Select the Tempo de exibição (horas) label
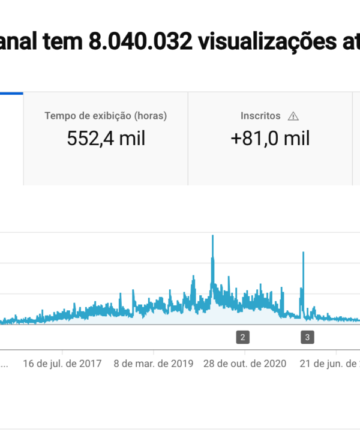106,116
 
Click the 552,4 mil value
106,139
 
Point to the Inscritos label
260,116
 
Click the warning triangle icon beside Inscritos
293,116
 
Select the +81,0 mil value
270,139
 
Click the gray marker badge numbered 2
242,337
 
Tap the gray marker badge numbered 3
307,337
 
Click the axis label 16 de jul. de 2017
62,363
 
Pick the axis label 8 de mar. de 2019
153,363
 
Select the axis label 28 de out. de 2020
245,363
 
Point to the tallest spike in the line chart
213,236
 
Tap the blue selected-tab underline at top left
11,93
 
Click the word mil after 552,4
132,139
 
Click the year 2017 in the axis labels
91,363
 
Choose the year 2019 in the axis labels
182,363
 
